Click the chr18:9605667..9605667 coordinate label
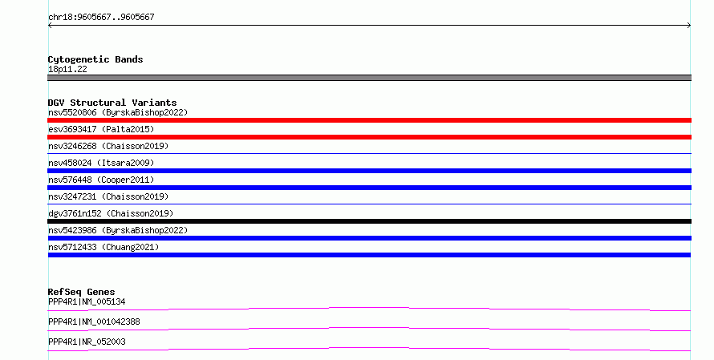tap(102, 18)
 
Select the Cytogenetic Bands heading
tap(95, 59)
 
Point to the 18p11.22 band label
tap(67, 69)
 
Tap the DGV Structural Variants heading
tap(112, 103)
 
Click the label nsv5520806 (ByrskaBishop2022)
tap(118, 112)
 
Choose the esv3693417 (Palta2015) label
tap(101, 129)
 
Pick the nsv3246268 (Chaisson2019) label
tap(108, 146)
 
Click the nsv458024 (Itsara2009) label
tap(101, 163)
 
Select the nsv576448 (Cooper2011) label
tap(101, 180)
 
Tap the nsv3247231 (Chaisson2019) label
tap(108, 196)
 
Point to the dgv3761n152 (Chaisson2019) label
tap(111, 213)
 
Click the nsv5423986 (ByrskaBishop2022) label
tap(118, 230)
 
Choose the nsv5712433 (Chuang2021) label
tap(103, 247)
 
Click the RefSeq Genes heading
tap(82, 292)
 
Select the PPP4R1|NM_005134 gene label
tap(87, 301)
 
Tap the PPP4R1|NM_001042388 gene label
tap(94, 322)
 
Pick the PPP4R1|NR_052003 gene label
tap(87, 342)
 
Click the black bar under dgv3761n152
tap(369, 221)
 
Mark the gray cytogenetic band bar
tap(369, 78)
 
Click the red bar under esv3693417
tap(369, 137)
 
